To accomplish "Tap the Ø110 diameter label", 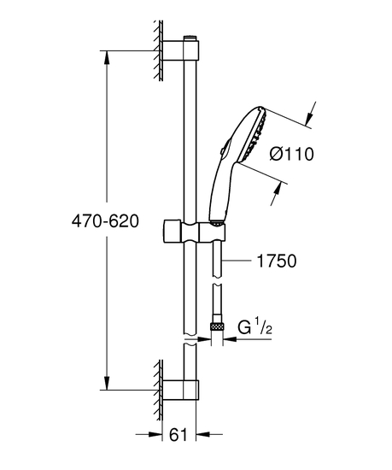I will click(292, 155).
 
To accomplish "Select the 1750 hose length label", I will click(278, 261).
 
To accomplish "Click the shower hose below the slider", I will click(218, 273).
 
